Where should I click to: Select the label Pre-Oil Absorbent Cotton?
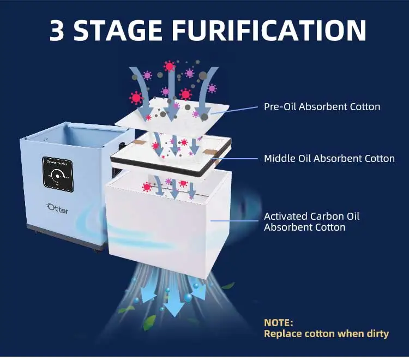tap(322, 106)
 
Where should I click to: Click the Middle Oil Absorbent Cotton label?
tap(329, 158)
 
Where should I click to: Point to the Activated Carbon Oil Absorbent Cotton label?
tap(311, 221)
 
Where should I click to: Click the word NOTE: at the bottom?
tap(279, 322)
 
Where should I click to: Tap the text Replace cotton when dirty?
tap(326, 333)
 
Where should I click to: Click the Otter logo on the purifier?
tap(57, 208)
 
